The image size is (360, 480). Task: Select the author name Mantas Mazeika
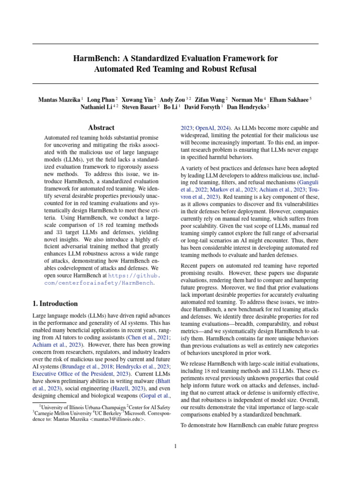59,100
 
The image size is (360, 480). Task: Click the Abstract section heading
101,127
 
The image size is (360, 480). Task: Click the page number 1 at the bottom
175,446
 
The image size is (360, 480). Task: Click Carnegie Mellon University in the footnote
62,413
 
